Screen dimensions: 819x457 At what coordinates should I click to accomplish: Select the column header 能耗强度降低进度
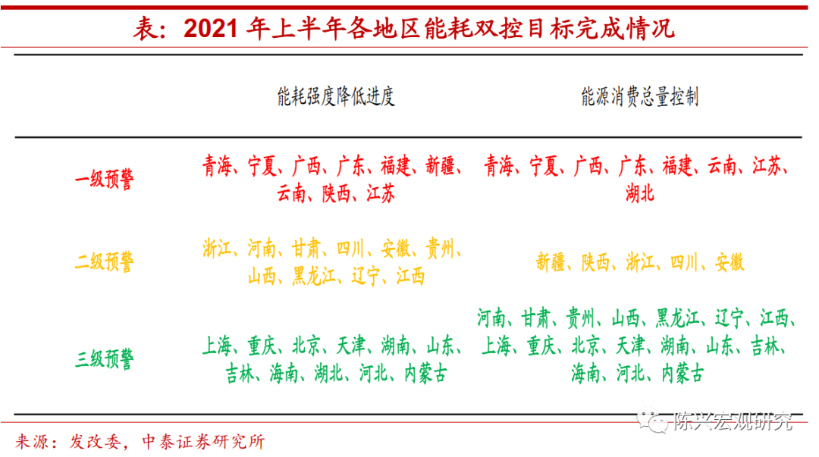[336, 96]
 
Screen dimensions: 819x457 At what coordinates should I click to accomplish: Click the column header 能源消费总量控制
[640, 96]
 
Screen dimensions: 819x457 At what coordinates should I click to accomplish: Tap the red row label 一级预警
[105, 179]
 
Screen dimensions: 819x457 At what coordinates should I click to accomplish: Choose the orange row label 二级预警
[105, 261]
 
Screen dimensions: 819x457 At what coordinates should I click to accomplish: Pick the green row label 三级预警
[105, 358]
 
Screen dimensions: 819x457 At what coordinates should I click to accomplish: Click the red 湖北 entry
[640, 193]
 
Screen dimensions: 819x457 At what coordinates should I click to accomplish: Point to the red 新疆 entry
[440, 165]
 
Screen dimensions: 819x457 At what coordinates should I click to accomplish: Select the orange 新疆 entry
[551, 261]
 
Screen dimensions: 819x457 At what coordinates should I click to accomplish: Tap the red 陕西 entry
[336, 193]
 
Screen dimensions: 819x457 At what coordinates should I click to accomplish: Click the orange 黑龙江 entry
[314, 276]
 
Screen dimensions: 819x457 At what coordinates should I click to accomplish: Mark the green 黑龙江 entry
[677, 318]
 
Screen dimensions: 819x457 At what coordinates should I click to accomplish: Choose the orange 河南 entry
[261, 248]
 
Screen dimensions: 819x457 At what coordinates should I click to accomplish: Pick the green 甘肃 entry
[536, 318]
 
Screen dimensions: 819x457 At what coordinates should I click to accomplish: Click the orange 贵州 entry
[440, 248]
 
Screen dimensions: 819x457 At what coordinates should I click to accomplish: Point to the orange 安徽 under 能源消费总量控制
[730, 261]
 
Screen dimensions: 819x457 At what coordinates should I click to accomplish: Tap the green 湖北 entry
[328, 374]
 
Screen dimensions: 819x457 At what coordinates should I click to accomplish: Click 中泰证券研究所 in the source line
[204, 442]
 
